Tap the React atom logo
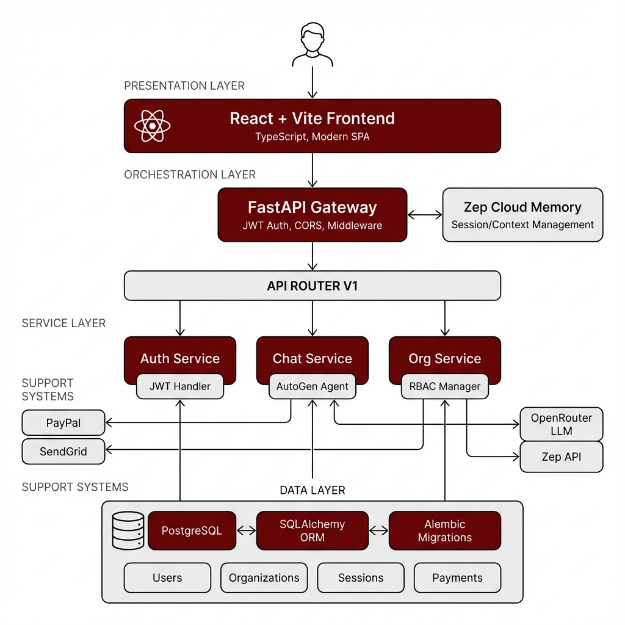pos(152,126)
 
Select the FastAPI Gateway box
pos(312,215)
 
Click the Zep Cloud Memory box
pos(522,215)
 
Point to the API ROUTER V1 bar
pos(312,286)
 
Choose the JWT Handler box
pos(180,386)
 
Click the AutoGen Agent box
pos(312,386)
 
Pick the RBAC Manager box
pos(445,386)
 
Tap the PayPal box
pos(63,423)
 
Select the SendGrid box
pos(63,452)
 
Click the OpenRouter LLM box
pos(562,425)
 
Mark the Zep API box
pos(562,457)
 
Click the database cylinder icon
pos(128,531)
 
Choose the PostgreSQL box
pos(192,531)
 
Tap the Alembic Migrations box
pos(445,531)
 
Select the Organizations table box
pos(264,578)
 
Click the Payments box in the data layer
pos(457,578)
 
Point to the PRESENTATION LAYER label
pos(184,86)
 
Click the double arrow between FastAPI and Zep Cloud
pos(425,215)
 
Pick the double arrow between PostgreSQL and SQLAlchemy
pos(246,531)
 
